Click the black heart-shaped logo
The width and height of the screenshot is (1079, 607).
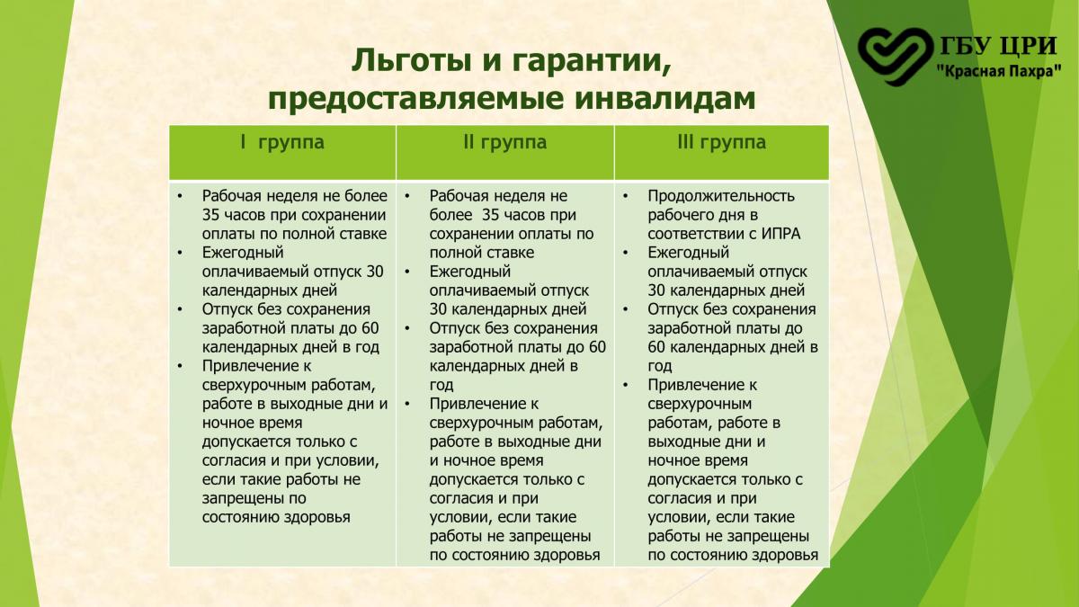[895, 56]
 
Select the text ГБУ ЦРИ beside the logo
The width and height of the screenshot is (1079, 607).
[999, 47]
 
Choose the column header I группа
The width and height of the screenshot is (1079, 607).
[282, 143]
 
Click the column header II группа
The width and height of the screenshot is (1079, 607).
[504, 143]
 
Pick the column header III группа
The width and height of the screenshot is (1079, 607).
[721, 143]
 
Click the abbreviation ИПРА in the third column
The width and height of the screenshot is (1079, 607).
[780, 234]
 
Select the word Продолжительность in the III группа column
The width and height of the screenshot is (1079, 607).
[721, 197]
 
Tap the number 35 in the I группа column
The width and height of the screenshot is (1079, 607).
[210, 215]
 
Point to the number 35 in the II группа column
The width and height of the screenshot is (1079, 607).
[491, 215]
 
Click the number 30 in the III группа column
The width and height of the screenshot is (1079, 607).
[656, 290]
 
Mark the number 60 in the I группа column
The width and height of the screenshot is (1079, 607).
[370, 328]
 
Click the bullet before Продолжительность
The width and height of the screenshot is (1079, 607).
[625, 197]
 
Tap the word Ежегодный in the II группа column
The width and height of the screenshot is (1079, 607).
[470, 272]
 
